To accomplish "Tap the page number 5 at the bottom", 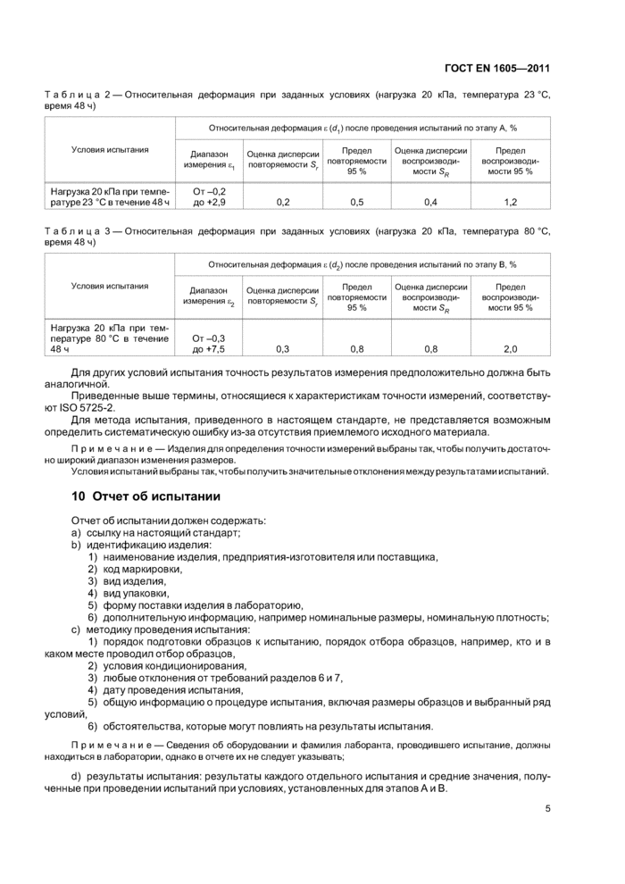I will tap(547, 810).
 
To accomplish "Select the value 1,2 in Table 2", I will tap(511, 202).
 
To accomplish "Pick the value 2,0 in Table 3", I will tap(511, 349).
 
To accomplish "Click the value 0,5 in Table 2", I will tap(356, 202).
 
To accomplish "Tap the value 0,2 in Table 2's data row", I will tap(283, 202).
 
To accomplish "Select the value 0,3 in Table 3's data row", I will tap(283, 349).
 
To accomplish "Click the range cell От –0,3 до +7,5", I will tap(209, 343).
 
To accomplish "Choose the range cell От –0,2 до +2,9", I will tap(209, 196).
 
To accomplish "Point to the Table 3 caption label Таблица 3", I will tap(82, 230).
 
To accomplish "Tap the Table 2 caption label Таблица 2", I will tap(82, 93).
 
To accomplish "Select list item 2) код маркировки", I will tap(135, 569).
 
